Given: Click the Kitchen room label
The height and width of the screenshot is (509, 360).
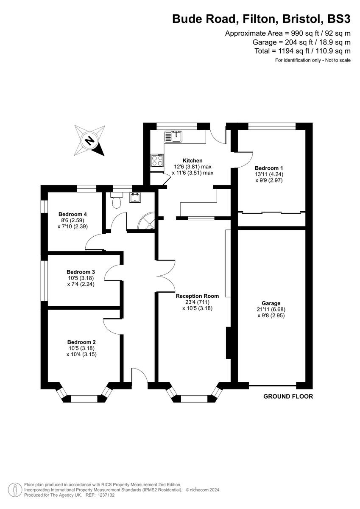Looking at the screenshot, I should coord(192,160).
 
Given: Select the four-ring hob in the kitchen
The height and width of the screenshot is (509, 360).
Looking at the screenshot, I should coord(157,160).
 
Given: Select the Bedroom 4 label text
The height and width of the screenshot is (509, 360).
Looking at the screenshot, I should coord(73,214).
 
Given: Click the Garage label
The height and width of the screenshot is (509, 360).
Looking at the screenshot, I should coord(271,303).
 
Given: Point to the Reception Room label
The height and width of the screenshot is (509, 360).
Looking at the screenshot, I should coord(198,296).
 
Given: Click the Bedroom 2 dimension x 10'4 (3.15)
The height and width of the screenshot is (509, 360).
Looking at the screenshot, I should coord(81,354).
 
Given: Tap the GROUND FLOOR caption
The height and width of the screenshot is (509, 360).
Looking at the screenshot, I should coord(288,397).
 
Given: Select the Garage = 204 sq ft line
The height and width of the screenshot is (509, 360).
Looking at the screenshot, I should coord(301,42).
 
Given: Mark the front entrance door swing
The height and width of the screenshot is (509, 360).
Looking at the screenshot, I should coord(140,376).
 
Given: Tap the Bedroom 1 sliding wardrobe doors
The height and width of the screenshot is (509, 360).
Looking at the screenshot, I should coord(271,212).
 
